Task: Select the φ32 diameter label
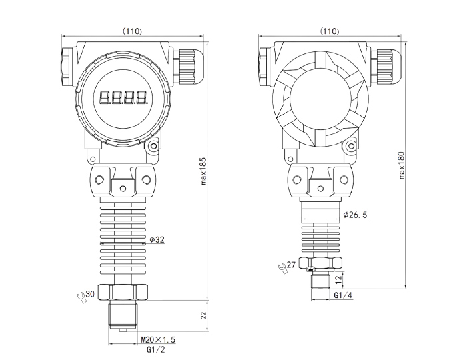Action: (x=157, y=239)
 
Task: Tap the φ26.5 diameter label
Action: (x=355, y=215)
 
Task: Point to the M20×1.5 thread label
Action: (x=157, y=341)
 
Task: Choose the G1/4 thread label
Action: (x=342, y=295)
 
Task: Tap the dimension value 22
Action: (x=204, y=315)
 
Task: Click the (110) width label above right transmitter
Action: (x=330, y=31)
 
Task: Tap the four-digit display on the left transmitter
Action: (x=123, y=98)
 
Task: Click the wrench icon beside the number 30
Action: (x=81, y=297)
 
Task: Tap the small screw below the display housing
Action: (x=154, y=145)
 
